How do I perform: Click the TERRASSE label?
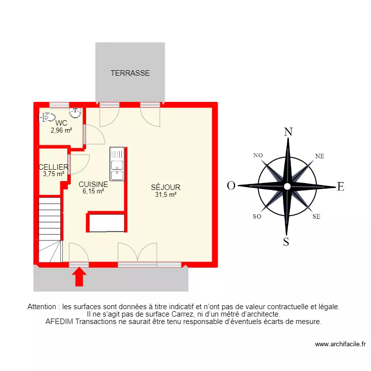(x=130, y=73)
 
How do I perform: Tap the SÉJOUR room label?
(x=165, y=187)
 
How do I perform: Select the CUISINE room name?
(x=93, y=184)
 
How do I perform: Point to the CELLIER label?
(x=53, y=167)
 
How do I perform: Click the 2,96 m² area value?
(x=61, y=131)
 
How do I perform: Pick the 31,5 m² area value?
(x=165, y=194)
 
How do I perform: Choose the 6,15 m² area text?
(x=93, y=191)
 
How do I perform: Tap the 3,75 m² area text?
(x=53, y=174)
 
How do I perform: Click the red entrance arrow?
(x=79, y=277)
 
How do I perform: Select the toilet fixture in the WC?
(x=48, y=117)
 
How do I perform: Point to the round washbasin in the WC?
(x=76, y=113)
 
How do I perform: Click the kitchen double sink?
(x=117, y=164)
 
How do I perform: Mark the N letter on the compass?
(x=288, y=132)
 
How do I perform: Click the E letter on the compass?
(x=340, y=186)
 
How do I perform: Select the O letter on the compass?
(x=231, y=186)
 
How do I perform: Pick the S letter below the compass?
(x=286, y=241)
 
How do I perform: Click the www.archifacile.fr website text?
(x=340, y=344)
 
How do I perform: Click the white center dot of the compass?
(x=287, y=186)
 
